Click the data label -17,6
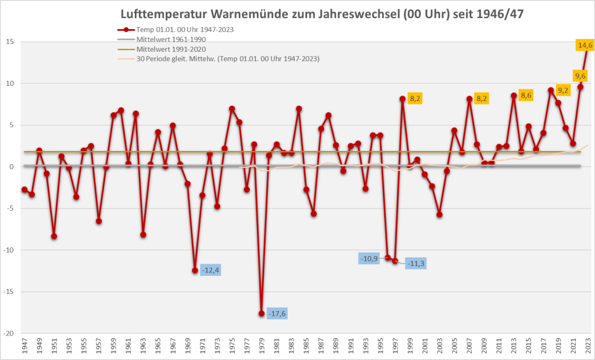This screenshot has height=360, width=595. [277, 314]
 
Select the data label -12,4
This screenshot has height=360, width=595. [210, 270]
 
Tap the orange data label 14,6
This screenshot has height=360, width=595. [585, 45]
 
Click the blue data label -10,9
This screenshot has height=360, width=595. [369, 258]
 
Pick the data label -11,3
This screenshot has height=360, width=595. [415, 264]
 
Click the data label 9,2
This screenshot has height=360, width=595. [562, 90]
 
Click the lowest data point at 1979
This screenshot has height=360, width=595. [261, 314]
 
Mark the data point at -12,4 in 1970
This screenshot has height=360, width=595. [195, 270]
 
